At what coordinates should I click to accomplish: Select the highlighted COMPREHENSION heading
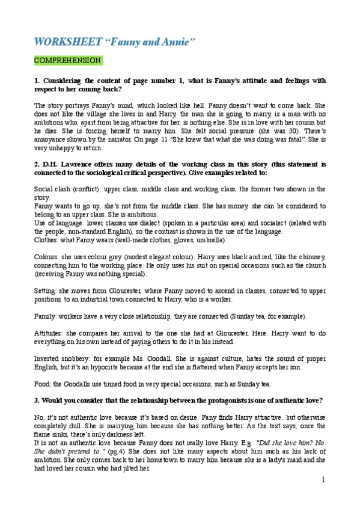[67, 61]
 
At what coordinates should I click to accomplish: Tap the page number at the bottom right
[323, 479]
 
